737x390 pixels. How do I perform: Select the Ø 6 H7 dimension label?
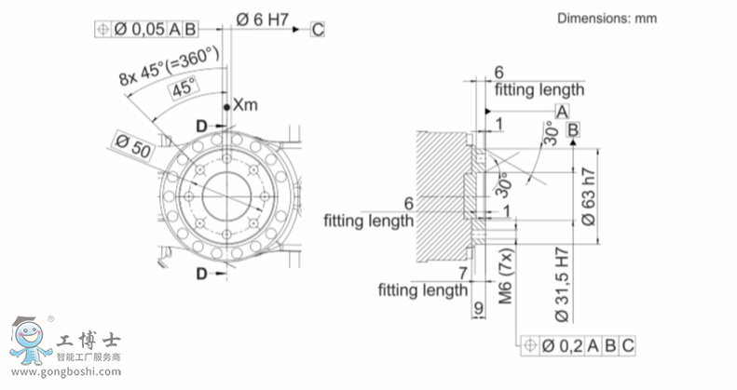(260, 17)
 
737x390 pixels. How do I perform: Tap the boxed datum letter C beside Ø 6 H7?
(318, 29)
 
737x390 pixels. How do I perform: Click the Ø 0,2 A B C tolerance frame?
(579, 346)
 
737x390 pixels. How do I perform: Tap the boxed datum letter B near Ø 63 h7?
(572, 129)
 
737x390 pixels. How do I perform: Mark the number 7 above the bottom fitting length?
(462, 272)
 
